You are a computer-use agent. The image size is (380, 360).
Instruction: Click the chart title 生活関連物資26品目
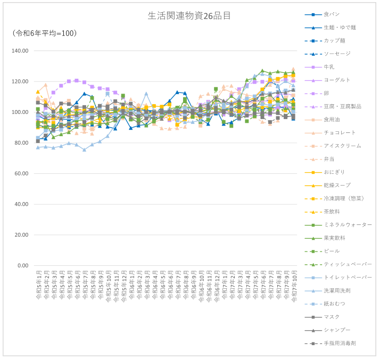[x=189, y=15]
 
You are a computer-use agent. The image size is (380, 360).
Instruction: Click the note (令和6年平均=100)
[x=45, y=34]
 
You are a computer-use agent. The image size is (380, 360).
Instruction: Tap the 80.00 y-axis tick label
[x=22, y=143]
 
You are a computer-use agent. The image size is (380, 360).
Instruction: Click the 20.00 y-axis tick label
[x=22, y=235]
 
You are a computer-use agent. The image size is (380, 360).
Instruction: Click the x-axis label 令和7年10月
[x=293, y=287]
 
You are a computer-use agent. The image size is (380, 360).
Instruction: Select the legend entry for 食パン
[x=331, y=14]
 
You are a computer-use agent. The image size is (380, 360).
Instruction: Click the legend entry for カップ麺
[x=335, y=41]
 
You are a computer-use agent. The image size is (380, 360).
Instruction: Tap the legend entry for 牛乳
[x=329, y=67]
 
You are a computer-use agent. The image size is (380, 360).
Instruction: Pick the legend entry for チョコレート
[x=338, y=133]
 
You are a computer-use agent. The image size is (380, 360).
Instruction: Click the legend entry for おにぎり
[x=333, y=172]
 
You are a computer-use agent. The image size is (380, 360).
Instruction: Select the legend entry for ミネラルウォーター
[x=347, y=225]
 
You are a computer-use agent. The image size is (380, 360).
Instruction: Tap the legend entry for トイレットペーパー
[x=347, y=278]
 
